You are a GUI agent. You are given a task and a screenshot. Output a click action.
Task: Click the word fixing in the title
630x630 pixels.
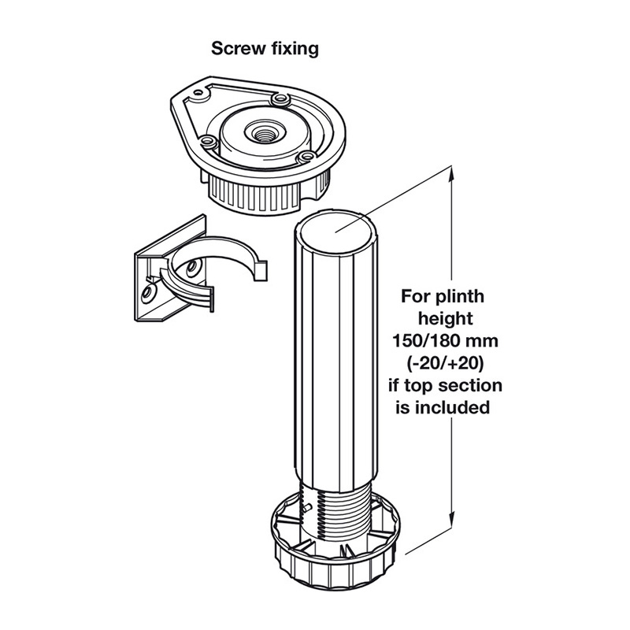point(293,49)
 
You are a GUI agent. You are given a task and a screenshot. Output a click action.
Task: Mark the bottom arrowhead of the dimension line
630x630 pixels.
point(451,525)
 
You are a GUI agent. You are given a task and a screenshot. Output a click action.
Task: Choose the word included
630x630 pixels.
point(461,408)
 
